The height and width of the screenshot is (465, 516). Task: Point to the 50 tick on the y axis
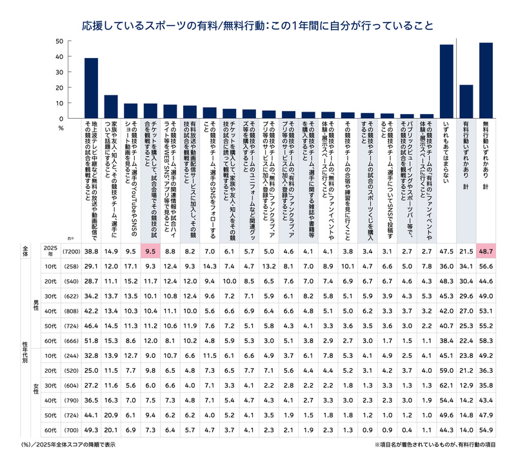[x=59, y=41]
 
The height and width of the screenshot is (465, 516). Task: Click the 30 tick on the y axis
[x=59, y=72]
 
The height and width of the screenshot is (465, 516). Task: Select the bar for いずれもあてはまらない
[x=446, y=81]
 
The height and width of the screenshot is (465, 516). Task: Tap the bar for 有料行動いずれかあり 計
[x=466, y=101]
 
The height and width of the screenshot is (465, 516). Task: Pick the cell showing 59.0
[x=446, y=370]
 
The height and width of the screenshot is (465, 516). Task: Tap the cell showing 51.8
[x=92, y=339]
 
